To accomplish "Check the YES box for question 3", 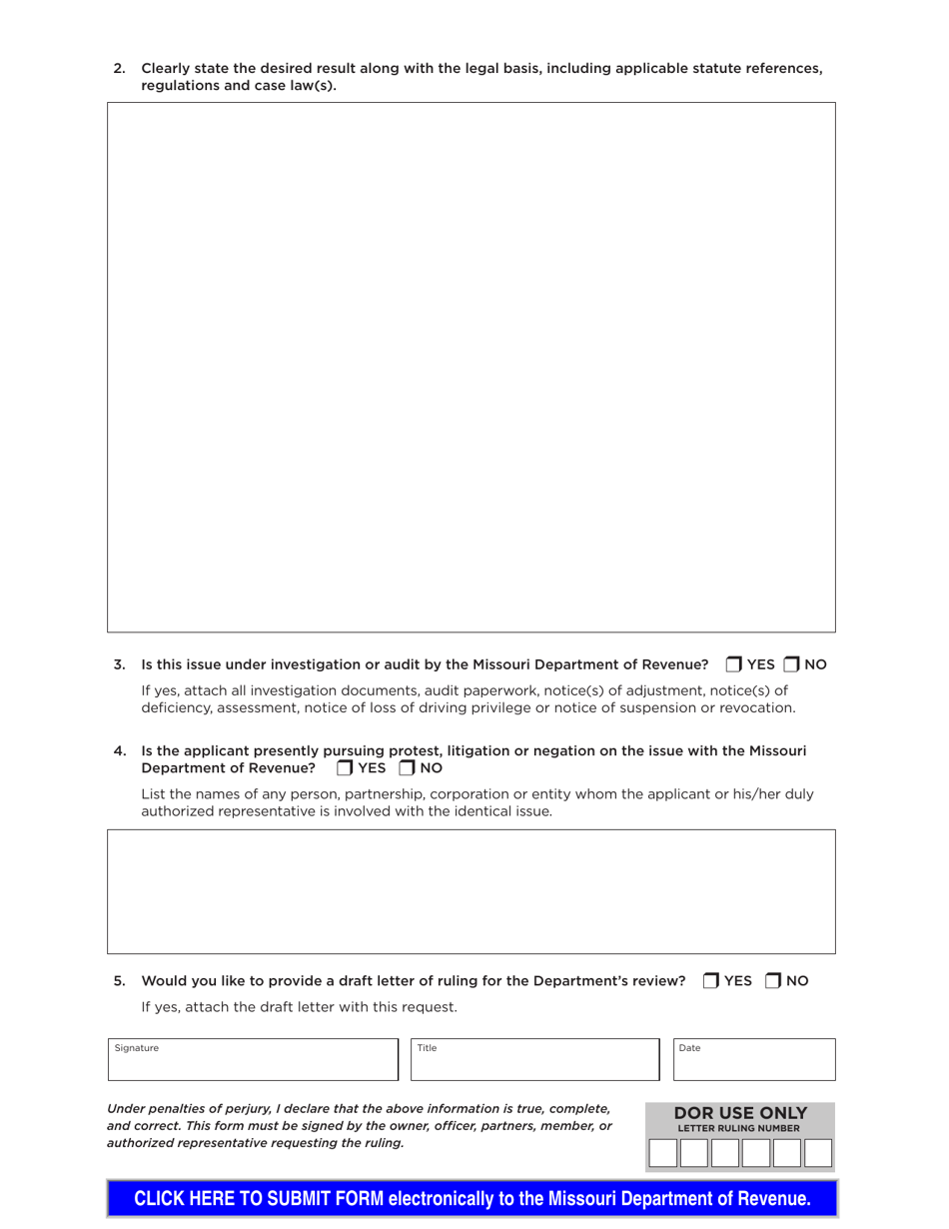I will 734,664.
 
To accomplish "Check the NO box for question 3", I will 791,664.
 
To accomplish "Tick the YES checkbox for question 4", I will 345,768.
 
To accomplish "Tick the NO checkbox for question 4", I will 407,768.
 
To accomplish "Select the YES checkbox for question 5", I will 711,981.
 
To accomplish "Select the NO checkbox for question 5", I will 773,981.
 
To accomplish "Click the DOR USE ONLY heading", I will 740,1113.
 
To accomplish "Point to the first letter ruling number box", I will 663,1153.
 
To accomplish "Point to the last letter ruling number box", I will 818,1153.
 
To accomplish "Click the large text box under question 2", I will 472,367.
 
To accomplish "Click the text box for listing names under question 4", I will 472,891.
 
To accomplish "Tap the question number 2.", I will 119,68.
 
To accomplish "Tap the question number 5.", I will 119,981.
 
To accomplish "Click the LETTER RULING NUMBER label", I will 739,1129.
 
